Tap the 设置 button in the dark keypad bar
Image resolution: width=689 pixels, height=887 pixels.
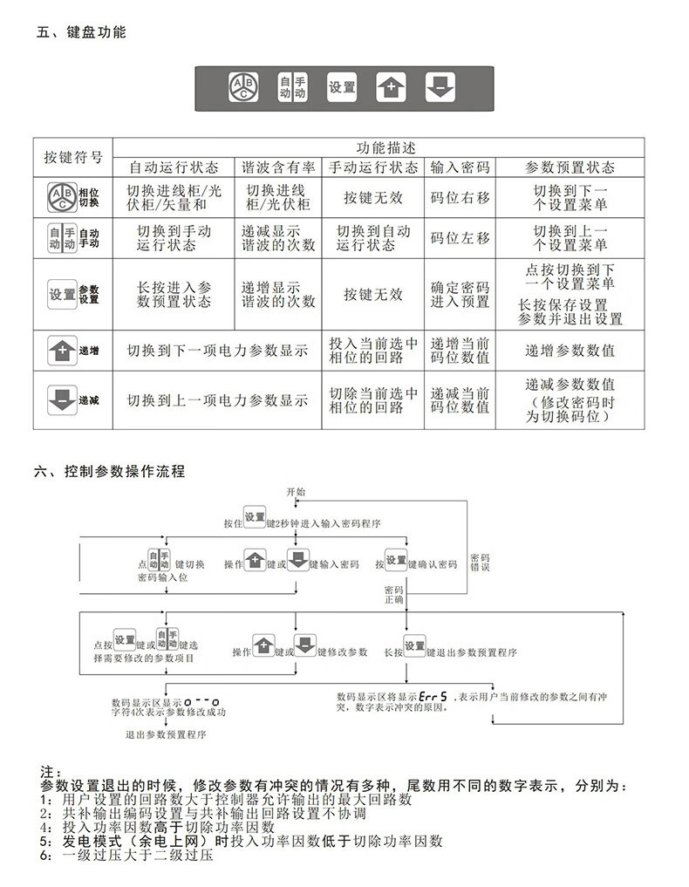342,86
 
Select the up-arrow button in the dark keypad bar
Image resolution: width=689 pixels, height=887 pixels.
391,86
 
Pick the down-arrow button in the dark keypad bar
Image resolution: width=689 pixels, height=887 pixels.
440,86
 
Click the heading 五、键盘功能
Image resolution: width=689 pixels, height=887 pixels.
81,32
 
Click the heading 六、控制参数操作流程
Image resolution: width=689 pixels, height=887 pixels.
109,471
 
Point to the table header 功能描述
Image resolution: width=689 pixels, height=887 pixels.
379,147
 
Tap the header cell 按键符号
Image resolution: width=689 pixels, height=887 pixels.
73,158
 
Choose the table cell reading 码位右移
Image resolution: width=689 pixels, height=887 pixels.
460,197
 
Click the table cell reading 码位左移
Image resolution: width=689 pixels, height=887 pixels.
460,237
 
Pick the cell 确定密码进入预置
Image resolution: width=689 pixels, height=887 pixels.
460,294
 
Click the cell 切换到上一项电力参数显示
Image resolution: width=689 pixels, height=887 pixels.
217,400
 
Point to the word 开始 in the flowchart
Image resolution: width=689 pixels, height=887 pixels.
297,492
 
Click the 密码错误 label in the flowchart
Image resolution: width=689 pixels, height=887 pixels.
480,562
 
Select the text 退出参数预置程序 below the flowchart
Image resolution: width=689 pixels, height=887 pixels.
165,734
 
